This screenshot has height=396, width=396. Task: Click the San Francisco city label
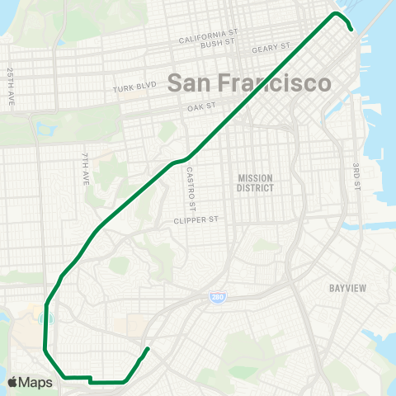(x=249, y=83)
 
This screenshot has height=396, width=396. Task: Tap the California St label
(x=208, y=35)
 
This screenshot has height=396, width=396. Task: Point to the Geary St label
(x=271, y=48)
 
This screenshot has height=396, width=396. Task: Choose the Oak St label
(x=200, y=106)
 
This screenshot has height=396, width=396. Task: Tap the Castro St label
(x=190, y=188)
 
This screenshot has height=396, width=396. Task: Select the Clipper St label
(x=195, y=220)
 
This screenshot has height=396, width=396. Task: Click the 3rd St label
(x=357, y=178)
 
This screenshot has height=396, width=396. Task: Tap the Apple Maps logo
(x=30, y=382)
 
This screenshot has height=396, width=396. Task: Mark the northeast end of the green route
(x=352, y=30)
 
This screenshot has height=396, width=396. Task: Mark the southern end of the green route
(x=148, y=348)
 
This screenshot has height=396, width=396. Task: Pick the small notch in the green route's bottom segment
(x=89, y=380)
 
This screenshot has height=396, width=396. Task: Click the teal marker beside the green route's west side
(x=46, y=318)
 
